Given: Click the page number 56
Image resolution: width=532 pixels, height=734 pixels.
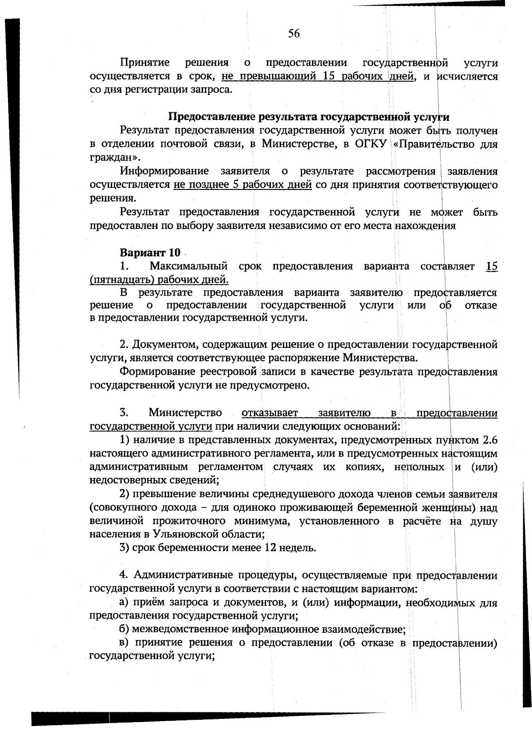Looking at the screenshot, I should [293, 34].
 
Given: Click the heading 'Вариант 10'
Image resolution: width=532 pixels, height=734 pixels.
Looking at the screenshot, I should [150, 253].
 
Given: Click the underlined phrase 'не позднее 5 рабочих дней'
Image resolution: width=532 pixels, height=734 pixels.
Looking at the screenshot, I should [243, 185].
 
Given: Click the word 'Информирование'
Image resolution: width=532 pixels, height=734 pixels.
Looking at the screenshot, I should [164, 171].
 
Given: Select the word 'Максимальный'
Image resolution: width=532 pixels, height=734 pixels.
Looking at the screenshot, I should [188, 266].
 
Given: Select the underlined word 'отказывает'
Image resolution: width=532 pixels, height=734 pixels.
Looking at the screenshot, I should [270, 413].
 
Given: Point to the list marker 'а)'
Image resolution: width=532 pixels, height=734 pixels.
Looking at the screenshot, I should [125, 603].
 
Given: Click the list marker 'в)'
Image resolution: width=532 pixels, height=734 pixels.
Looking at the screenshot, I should [125, 643].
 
